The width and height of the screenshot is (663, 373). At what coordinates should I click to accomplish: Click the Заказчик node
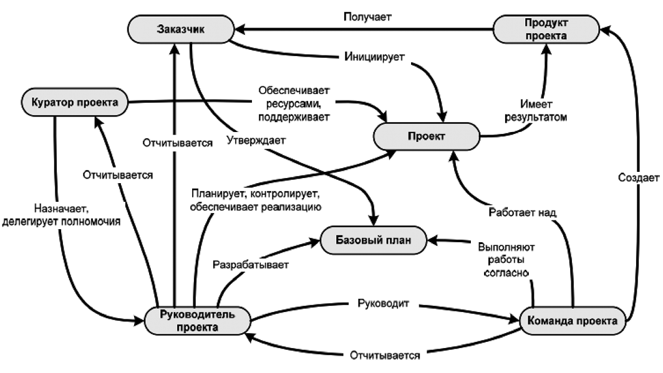click(181, 29)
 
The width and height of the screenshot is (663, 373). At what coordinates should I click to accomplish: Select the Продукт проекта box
click(546, 29)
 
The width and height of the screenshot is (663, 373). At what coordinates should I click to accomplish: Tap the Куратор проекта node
click(74, 102)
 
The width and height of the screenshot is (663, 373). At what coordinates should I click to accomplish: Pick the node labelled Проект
click(427, 136)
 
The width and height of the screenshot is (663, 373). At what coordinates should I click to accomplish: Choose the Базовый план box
click(374, 240)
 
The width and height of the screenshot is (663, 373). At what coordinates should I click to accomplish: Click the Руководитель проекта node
click(198, 321)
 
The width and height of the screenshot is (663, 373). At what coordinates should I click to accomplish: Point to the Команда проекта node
click(573, 321)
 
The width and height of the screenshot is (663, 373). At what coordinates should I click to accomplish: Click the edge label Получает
click(367, 17)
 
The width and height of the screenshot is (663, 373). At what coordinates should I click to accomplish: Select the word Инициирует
click(374, 57)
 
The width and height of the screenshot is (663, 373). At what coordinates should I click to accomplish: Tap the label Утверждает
click(256, 140)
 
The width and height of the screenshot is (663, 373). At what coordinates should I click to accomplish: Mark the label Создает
click(639, 177)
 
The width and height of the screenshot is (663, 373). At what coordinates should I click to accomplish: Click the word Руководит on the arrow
click(383, 303)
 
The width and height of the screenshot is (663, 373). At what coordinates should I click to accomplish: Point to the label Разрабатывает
click(251, 265)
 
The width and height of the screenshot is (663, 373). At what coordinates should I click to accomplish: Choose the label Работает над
click(522, 212)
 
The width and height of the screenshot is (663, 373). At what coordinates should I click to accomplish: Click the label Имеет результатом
click(536, 111)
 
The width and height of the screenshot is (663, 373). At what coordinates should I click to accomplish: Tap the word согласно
click(506, 273)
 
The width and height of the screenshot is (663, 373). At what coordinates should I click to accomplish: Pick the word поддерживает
click(294, 117)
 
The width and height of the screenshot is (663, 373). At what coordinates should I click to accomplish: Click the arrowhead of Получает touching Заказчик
click(240, 29)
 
